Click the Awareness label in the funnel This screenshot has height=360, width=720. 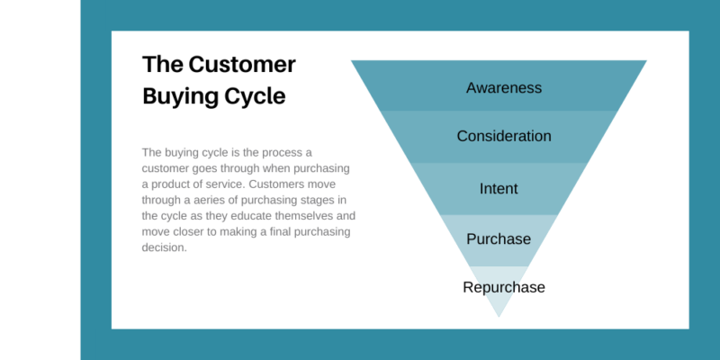tap(503, 87)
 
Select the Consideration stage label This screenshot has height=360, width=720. tap(503, 137)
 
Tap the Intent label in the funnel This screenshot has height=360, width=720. tap(499, 189)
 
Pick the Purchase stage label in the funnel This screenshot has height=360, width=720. tap(499, 239)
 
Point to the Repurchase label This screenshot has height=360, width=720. tap(503, 288)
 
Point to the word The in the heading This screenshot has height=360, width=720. tap(162, 65)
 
